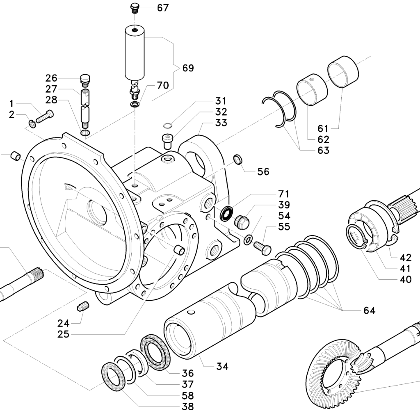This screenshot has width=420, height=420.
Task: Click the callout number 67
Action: (x=162, y=8)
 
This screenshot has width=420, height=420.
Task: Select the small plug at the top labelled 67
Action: (x=134, y=9)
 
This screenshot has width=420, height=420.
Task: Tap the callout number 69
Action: (x=188, y=68)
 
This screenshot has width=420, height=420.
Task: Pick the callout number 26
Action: (x=51, y=78)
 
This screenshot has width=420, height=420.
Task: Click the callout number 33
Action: (x=221, y=123)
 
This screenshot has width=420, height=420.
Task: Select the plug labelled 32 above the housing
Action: (x=168, y=141)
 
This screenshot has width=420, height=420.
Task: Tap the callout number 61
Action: (x=323, y=128)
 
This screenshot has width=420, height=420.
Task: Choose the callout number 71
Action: (x=284, y=194)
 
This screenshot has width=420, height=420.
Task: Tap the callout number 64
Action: (x=370, y=310)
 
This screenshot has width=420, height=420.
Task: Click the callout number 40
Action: (x=406, y=279)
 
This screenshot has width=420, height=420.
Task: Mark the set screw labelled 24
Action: (x=83, y=306)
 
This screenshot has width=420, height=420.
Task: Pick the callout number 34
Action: (x=222, y=366)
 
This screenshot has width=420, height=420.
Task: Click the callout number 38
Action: (x=187, y=406)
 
